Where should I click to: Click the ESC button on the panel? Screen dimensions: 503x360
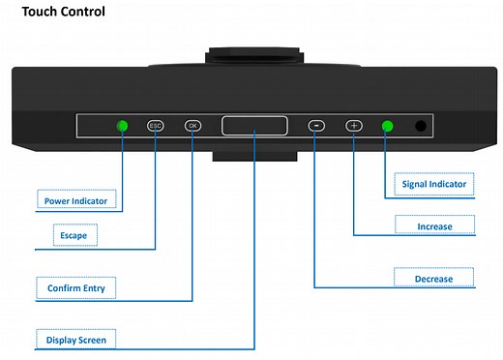point(156,126)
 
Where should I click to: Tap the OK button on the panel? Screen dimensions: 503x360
point(192,126)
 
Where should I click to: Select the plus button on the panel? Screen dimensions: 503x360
point(354,126)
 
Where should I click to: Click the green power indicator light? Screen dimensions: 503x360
point(122,126)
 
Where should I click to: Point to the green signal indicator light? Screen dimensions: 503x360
point(388,126)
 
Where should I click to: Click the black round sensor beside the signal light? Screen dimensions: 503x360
point(421,126)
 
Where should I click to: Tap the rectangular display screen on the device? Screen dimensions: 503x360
point(254,126)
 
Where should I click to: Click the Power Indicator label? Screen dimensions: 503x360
point(75,201)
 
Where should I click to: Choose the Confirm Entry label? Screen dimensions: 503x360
point(76,288)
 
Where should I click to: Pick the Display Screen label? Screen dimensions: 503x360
point(76,340)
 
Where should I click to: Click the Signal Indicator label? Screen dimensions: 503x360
point(434,184)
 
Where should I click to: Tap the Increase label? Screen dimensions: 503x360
point(434,226)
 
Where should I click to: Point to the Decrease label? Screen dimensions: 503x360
point(433,279)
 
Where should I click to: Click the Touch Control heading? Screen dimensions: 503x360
point(64,12)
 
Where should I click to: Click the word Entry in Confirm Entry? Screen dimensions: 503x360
point(94,288)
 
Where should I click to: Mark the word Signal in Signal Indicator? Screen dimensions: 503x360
point(414,185)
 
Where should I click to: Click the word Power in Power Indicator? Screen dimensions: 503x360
point(55,201)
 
